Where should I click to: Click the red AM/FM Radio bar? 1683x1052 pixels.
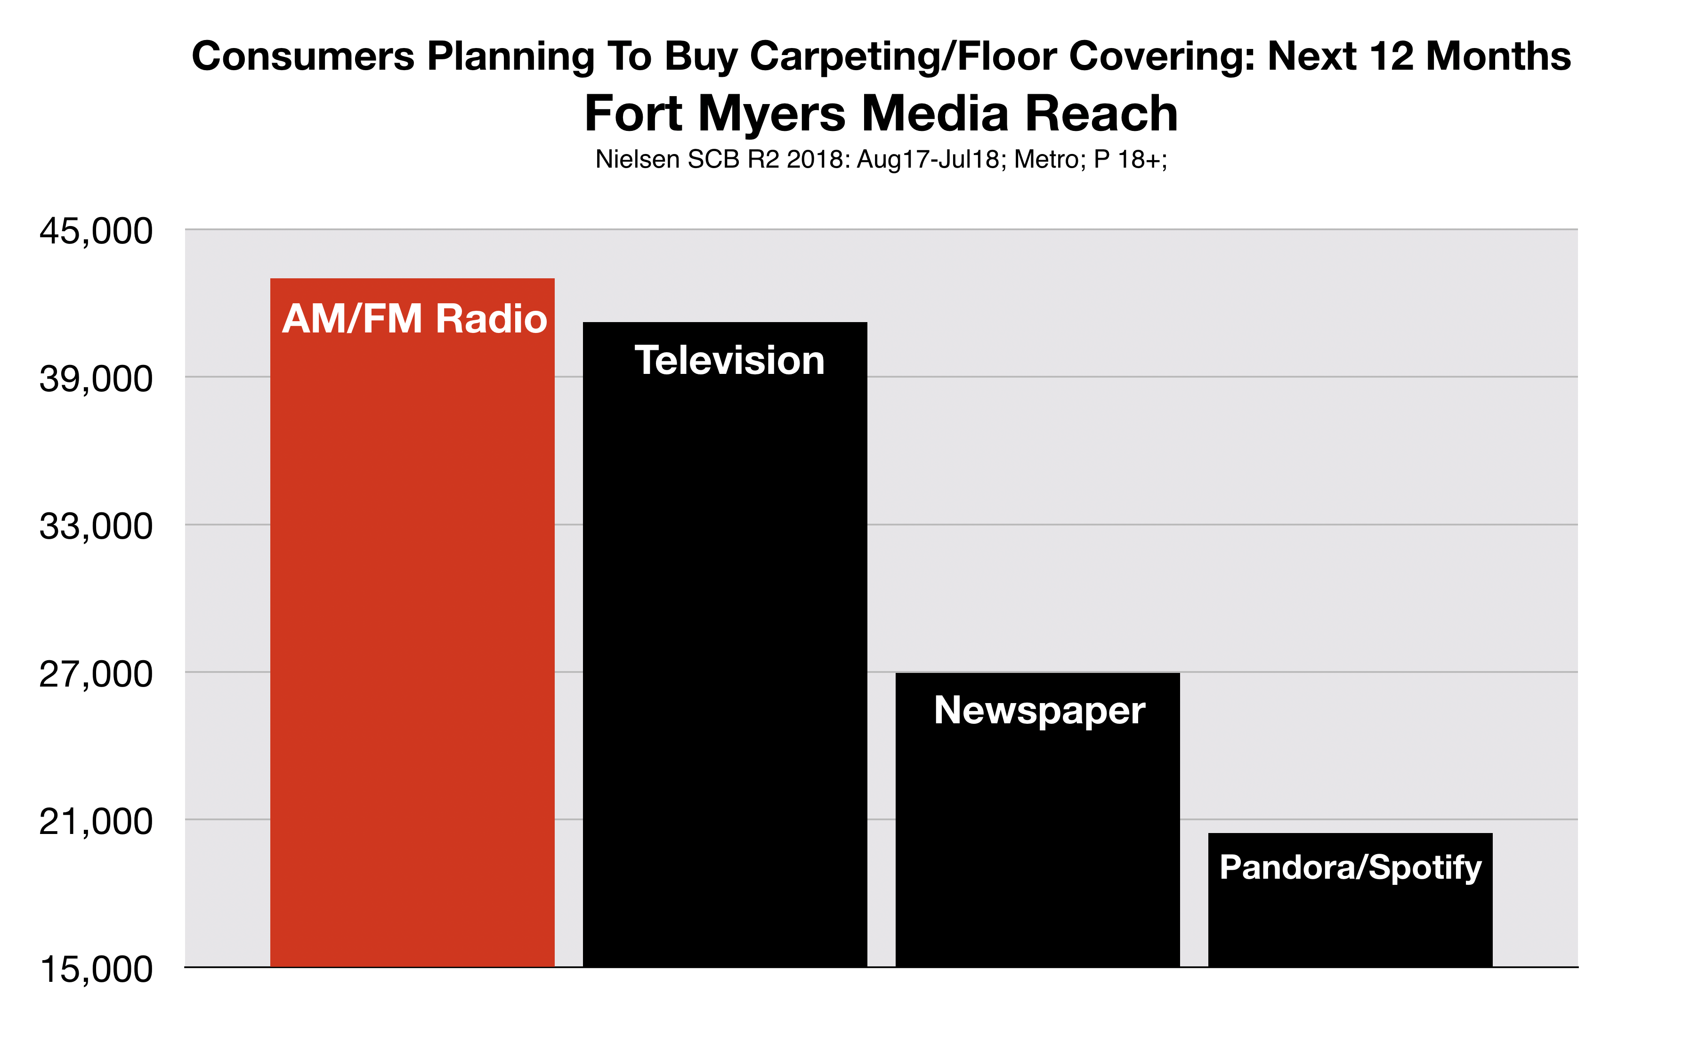coord(412,623)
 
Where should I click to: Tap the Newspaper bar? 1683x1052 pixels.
coord(1037,820)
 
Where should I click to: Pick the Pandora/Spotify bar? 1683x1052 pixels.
coord(1351,899)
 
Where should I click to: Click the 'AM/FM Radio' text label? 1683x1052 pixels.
coord(415,319)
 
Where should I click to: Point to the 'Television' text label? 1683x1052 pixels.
coord(729,360)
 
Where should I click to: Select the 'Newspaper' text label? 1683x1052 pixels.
coord(1039,711)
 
